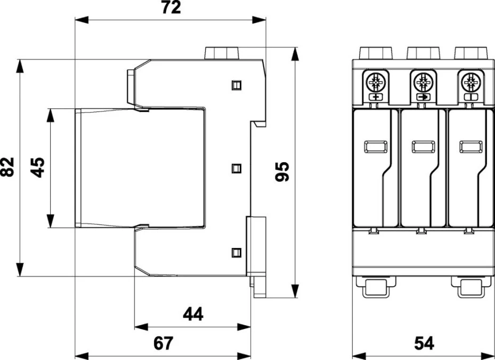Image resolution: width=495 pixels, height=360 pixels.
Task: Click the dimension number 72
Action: [171, 7]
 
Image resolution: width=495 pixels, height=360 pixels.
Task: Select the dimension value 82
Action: [7, 166]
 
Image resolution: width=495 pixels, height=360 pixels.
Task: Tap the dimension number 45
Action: [37, 167]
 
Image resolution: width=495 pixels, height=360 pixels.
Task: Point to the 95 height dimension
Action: [282, 172]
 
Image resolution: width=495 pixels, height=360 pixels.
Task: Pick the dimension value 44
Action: [193, 314]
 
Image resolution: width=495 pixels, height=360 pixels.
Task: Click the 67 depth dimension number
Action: [164, 343]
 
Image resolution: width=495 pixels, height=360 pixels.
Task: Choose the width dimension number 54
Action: [424, 343]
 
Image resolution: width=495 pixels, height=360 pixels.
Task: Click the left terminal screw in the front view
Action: [376, 83]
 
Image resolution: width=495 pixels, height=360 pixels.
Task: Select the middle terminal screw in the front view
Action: [423, 83]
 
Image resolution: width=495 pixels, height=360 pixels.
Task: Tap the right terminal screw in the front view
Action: [470, 83]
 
